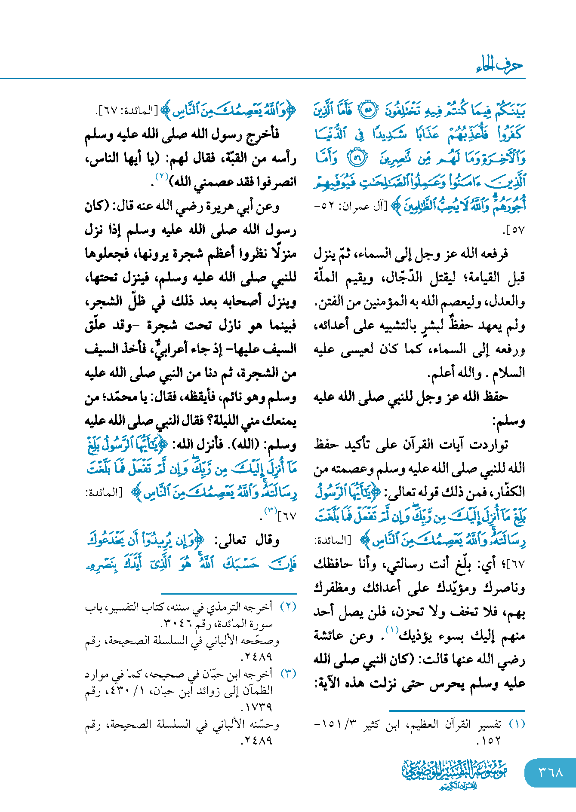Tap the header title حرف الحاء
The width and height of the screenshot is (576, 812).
coord(499,65)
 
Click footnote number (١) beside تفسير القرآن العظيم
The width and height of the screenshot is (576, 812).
coord(517,724)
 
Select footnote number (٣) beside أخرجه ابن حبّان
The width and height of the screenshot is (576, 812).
coord(288,674)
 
